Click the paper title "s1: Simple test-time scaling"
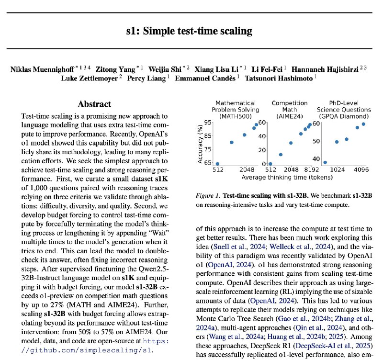click(191, 32)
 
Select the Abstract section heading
click(94, 104)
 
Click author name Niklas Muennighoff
click(43, 68)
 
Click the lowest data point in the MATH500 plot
click(217, 164)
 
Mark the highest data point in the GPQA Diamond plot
click(363, 124)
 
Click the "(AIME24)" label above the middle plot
click(289, 116)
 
